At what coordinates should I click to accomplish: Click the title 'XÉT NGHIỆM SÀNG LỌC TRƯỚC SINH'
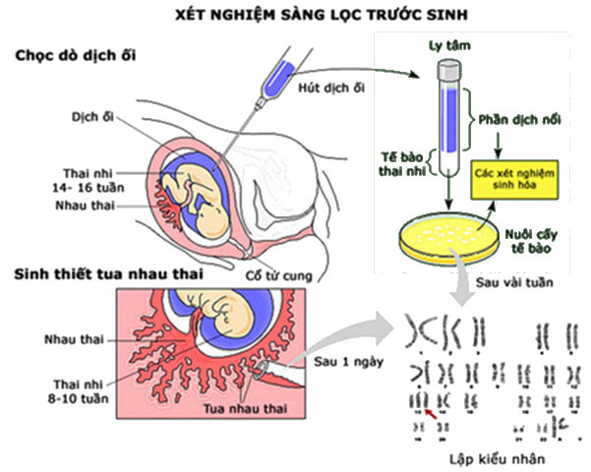pyautogui.click(x=322, y=15)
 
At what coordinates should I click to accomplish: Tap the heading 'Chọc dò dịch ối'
pyautogui.click(x=76, y=56)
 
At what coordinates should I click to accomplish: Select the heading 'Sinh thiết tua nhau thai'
pyautogui.click(x=108, y=274)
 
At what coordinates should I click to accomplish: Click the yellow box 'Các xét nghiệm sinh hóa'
pyautogui.click(x=514, y=179)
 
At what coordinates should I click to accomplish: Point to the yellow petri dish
pyautogui.click(x=448, y=238)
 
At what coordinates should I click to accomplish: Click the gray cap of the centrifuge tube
pyautogui.click(x=449, y=68)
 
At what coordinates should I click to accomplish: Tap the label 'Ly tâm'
pyautogui.click(x=449, y=45)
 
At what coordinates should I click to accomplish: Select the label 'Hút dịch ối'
pyautogui.click(x=331, y=88)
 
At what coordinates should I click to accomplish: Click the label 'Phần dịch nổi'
pyautogui.click(x=519, y=120)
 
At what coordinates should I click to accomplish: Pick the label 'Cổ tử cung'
pyautogui.click(x=279, y=275)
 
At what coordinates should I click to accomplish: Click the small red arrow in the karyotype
pyautogui.click(x=431, y=414)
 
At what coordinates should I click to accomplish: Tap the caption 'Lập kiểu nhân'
pyautogui.click(x=498, y=459)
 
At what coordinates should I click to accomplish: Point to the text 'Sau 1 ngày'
pyautogui.click(x=349, y=362)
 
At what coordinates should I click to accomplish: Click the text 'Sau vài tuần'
pyautogui.click(x=514, y=282)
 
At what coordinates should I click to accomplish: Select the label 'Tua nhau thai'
pyautogui.click(x=245, y=409)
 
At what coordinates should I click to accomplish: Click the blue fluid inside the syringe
pyautogui.click(x=279, y=79)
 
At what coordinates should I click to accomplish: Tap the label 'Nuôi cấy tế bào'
pyautogui.click(x=531, y=242)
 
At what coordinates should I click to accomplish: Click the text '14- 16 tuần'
pyautogui.click(x=89, y=188)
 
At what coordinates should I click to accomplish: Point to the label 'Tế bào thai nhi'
pyautogui.click(x=402, y=164)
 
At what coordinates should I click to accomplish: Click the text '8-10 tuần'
pyautogui.click(x=78, y=398)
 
